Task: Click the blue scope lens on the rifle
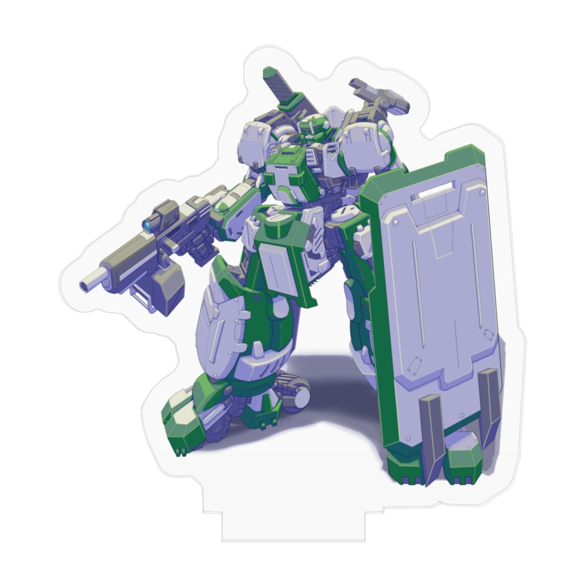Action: point(147,226)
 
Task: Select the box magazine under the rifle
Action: point(167,291)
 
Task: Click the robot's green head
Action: point(314,127)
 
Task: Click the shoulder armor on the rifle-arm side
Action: point(255,143)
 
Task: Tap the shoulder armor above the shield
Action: point(367,146)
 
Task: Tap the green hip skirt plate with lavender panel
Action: point(284,264)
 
